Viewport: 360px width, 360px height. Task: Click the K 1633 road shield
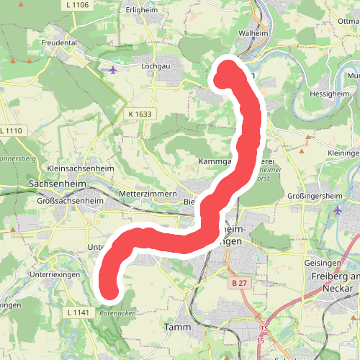(x=140, y=114)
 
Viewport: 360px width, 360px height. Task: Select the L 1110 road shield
(x=12, y=130)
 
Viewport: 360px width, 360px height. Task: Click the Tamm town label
(x=177, y=327)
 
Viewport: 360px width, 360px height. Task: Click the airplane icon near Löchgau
(x=112, y=70)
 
